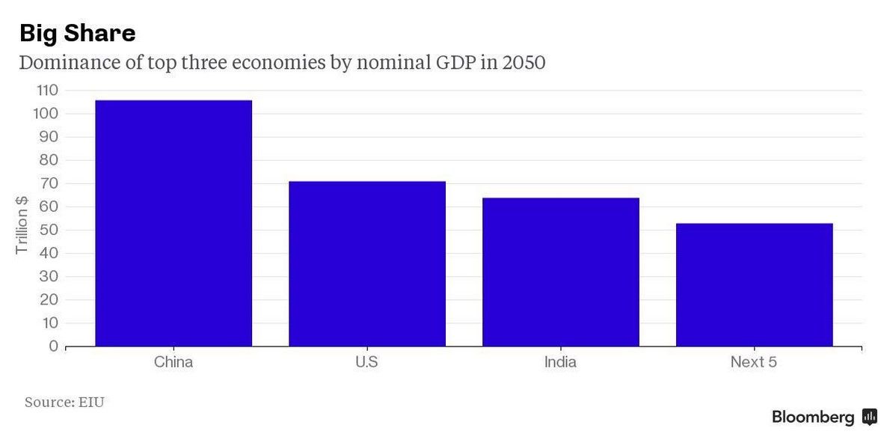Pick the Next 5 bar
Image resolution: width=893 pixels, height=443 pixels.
tap(754, 284)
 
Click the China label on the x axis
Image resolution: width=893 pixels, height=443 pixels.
tap(174, 362)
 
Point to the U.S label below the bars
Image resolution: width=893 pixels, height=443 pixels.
tap(366, 362)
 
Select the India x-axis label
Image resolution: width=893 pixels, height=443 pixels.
tap(560, 362)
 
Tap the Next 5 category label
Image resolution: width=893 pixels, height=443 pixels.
tap(754, 362)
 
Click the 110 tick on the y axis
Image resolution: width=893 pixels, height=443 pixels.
tap(46, 91)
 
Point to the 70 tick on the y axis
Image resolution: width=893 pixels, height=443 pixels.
tap(49, 183)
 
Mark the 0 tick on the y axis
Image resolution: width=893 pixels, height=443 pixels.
tap(53, 346)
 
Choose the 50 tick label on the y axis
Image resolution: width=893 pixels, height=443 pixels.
tap(49, 230)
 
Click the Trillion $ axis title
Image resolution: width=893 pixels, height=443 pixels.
tap(22, 224)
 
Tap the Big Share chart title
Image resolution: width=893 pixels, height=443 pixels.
tap(77, 33)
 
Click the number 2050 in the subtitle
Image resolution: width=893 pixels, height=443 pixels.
tap(524, 62)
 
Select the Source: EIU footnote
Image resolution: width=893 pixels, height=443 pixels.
tap(64, 403)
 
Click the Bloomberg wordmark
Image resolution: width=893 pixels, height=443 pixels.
tap(813, 418)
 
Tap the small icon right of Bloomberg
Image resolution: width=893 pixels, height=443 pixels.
tap(870, 417)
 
